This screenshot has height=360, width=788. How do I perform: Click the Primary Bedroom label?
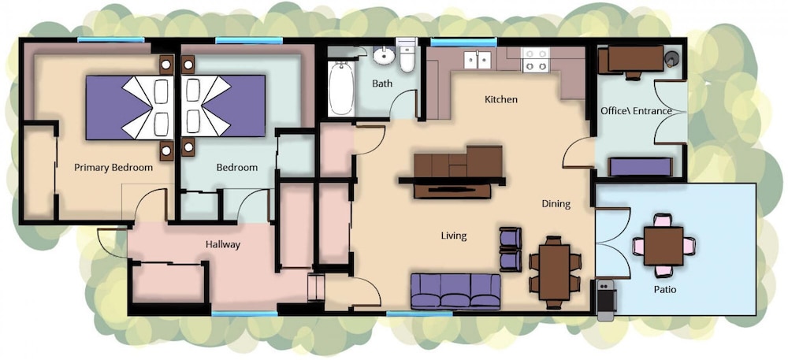[113, 167]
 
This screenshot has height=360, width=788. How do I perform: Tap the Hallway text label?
[223, 245]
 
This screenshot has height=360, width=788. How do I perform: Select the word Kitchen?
[500, 99]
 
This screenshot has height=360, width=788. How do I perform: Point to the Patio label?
[665, 290]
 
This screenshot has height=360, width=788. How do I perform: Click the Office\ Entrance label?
[636, 111]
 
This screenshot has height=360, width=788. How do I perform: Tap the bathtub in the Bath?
[341, 88]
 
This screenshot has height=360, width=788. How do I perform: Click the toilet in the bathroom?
[406, 55]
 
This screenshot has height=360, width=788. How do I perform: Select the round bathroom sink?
[385, 56]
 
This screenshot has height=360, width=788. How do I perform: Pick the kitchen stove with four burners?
[535, 60]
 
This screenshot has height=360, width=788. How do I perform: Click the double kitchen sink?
[478, 60]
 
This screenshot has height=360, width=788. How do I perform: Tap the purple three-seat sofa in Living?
[455, 291]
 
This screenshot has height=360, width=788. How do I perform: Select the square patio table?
[663, 246]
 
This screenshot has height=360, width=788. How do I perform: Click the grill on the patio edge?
[606, 300]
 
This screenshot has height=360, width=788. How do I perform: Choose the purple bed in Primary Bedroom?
[130, 107]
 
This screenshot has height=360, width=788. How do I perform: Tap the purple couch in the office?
[640, 167]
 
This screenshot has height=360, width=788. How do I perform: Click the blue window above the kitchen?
[463, 43]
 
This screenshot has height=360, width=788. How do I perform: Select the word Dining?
[556, 204]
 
